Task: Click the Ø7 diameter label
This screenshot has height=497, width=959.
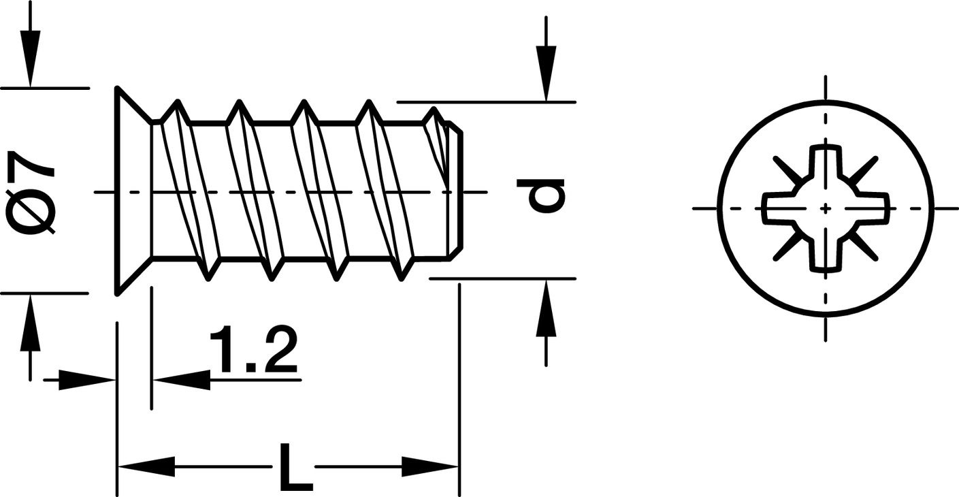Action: pos(31,192)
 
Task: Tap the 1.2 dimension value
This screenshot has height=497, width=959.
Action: pos(253,350)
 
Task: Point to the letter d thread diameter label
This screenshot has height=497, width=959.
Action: pos(540,196)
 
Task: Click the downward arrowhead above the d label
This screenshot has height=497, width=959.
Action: pos(546,74)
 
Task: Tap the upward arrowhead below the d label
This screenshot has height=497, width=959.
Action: pos(546,308)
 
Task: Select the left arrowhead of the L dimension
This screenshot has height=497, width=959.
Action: pos(146,466)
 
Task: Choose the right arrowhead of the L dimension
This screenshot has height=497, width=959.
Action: pos(430,466)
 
